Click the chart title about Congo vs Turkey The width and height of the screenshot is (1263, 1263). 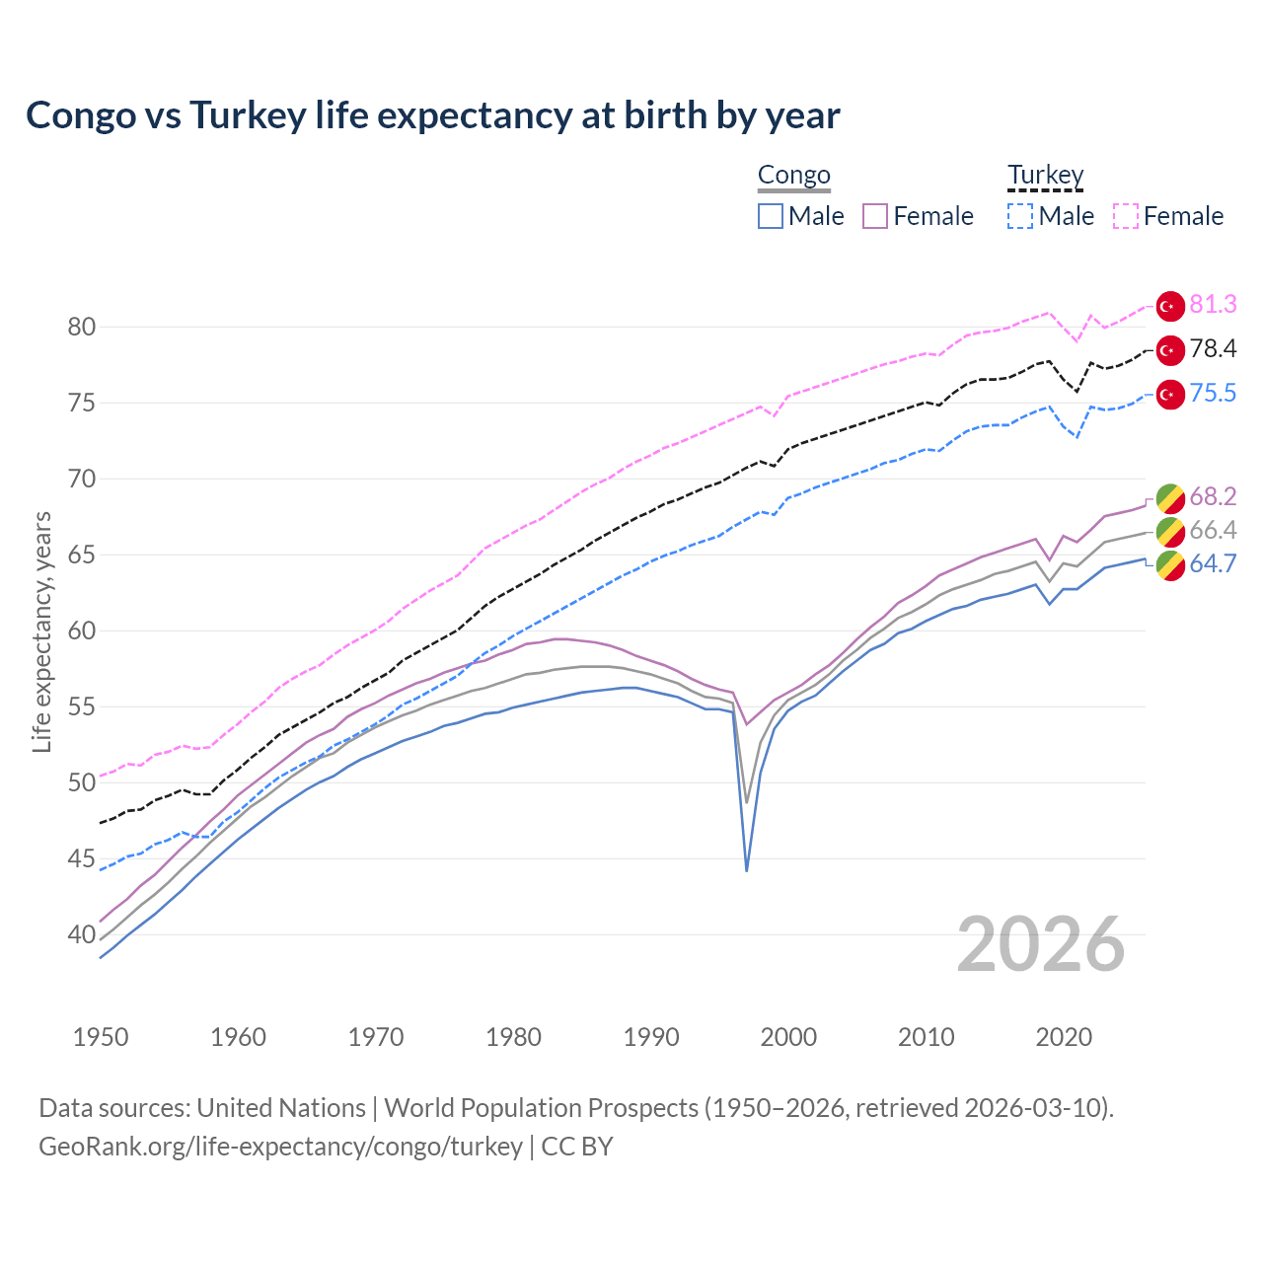coord(432,115)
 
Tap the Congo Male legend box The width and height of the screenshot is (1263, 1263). coord(771,216)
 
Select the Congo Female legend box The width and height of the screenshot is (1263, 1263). coord(875,216)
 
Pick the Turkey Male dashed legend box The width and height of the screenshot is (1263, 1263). coord(1020,216)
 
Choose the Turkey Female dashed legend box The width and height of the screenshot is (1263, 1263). coord(1126,216)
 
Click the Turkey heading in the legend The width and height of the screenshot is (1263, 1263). coord(1045,176)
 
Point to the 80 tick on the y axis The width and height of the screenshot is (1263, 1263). coord(82,328)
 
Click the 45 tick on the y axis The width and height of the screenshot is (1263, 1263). coord(82,859)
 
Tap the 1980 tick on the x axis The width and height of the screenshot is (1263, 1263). coord(513,1037)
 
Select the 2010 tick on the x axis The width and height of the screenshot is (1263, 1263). coord(926,1037)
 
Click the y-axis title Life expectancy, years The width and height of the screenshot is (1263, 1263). coord(41,631)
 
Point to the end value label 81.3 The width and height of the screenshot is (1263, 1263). coord(1213,305)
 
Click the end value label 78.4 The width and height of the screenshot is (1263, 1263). coord(1213,349)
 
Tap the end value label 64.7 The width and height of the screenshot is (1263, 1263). coord(1213,564)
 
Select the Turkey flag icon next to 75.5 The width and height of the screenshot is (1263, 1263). coord(1170,394)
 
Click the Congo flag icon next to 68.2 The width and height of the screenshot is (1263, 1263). coord(1170,497)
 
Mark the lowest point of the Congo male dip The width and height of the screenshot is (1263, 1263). coord(747,870)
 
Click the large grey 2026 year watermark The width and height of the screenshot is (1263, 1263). coord(1041,944)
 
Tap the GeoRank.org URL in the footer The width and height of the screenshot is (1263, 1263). coord(280,1147)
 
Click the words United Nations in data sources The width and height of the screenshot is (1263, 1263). coord(281,1108)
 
